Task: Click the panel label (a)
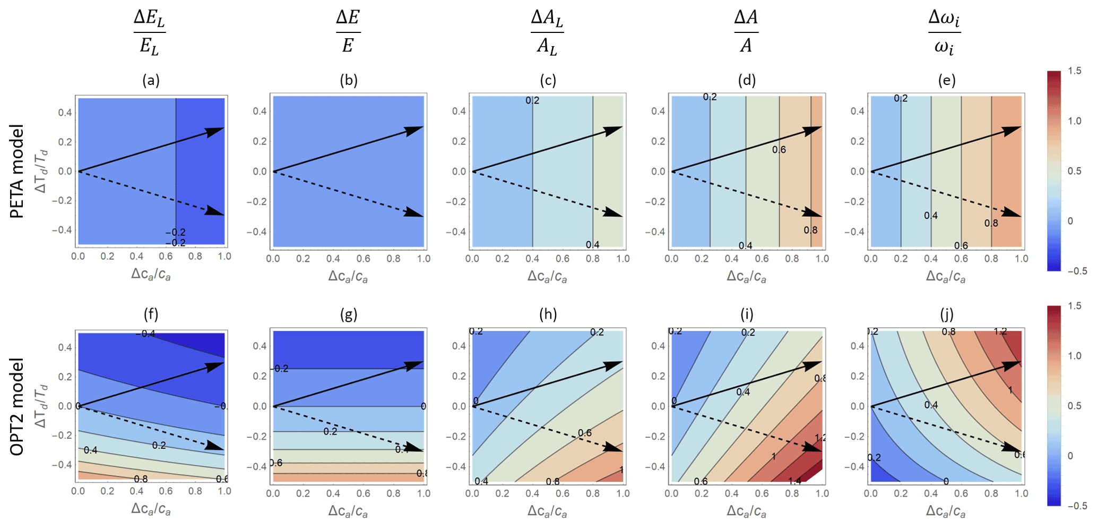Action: pos(151,80)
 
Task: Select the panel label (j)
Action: pos(947,315)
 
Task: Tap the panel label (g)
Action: pos(349,315)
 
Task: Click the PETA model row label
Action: pos(17,171)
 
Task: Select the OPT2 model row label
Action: pos(17,406)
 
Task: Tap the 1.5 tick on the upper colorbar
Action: pos(1074,71)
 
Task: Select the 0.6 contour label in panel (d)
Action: pos(779,150)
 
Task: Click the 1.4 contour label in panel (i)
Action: pos(794,481)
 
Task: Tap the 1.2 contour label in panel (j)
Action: pos(1000,331)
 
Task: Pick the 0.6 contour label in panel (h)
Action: pos(585,433)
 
